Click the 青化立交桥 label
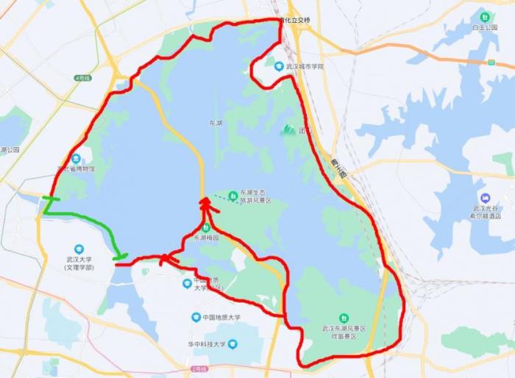(294, 20)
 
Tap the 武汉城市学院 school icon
(279, 66)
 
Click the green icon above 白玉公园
(485, 16)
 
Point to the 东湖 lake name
(215, 124)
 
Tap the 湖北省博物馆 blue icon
(76, 158)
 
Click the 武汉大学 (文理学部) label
(79, 263)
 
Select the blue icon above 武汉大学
(79, 249)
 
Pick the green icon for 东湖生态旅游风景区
(232, 195)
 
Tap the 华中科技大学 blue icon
(232, 343)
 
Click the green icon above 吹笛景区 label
(343, 318)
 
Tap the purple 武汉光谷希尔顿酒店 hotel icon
(485, 198)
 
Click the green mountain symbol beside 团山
(288, 130)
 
